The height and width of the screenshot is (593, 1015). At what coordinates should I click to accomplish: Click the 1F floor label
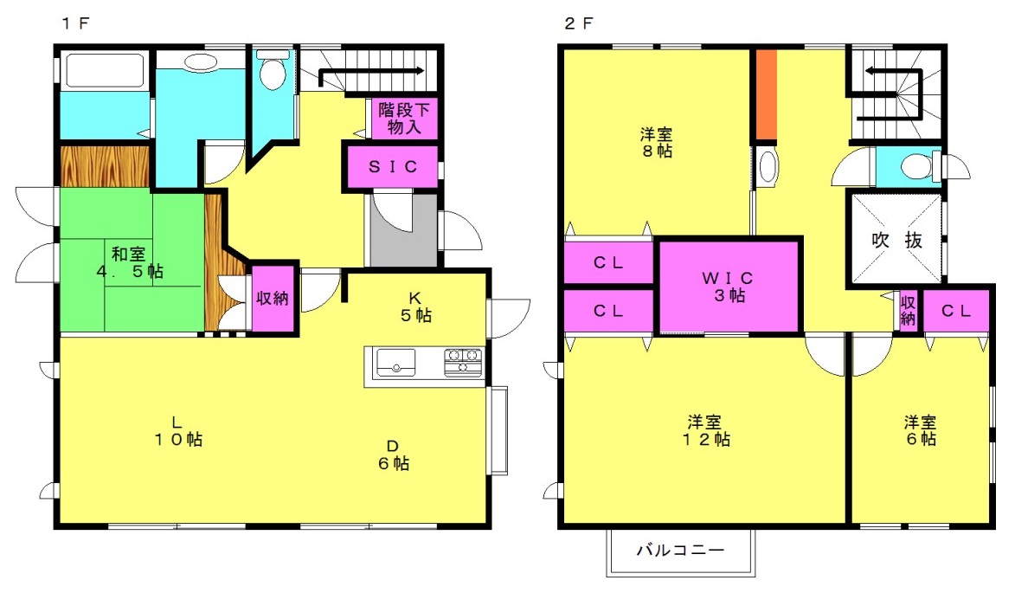(75, 23)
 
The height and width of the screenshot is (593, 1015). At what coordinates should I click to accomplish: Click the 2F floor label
(579, 23)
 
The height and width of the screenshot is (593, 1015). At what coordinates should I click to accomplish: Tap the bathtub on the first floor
(104, 70)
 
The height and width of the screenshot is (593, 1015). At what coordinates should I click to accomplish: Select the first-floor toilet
(273, 70)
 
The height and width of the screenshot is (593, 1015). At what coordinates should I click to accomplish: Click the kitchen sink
(395, 362)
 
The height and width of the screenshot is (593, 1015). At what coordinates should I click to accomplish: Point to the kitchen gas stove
(463, 363)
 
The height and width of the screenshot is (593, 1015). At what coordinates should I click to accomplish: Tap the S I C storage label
(393, 167)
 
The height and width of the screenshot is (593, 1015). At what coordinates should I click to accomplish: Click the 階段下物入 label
(404, 118)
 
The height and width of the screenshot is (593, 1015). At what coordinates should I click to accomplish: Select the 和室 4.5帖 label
(130, 262)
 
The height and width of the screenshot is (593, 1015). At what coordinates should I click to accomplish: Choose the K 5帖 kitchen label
(415, 306)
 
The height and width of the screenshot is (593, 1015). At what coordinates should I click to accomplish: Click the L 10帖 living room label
(178, 431)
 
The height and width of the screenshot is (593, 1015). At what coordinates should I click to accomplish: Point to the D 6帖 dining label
(394, 455)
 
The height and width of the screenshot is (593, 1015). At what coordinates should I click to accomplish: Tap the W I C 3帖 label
(729, 287)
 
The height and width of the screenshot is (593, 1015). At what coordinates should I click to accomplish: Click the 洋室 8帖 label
(657, 143)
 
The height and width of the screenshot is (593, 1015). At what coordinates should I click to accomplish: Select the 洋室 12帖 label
(705, 431)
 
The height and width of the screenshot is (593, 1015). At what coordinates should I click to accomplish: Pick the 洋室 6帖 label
(921, 430)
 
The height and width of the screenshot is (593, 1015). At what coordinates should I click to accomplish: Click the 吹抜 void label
(897, 240)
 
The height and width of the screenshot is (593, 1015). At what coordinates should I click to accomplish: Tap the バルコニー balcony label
(680, 551)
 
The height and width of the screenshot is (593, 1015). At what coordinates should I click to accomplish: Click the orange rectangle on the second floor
(767, 94)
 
